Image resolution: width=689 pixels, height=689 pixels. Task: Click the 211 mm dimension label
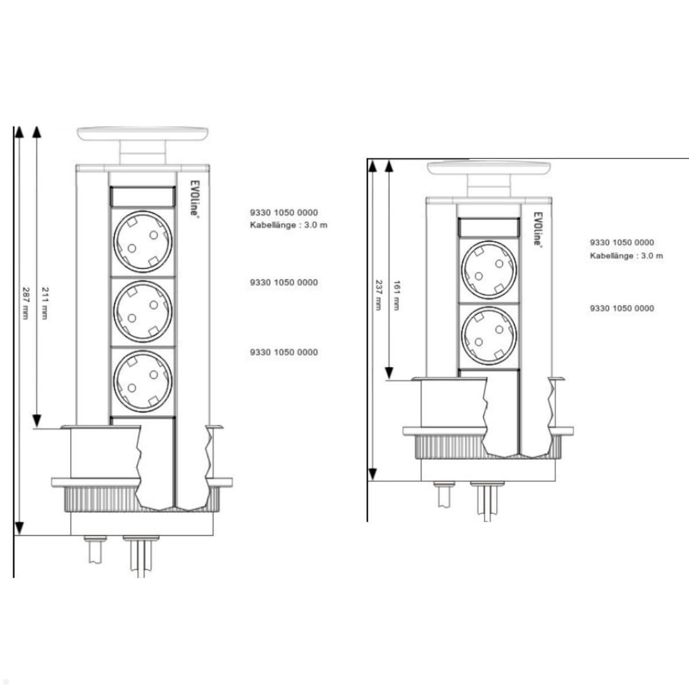pos(45,303)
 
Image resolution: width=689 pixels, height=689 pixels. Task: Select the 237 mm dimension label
pos(378,295)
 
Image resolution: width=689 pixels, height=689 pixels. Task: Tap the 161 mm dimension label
pos(396,295)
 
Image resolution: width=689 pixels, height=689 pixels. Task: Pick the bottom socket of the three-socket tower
pos(142,381)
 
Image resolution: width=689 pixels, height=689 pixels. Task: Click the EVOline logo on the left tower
pos(195,198)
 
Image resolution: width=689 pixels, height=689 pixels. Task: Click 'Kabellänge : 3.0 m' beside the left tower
pos(288,224)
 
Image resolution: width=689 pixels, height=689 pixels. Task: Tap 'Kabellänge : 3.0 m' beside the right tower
pos(626,256)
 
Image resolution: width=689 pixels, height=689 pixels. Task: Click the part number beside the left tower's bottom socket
pos(284,352)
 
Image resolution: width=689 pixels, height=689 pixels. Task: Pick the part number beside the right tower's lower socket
pos(622,308)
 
